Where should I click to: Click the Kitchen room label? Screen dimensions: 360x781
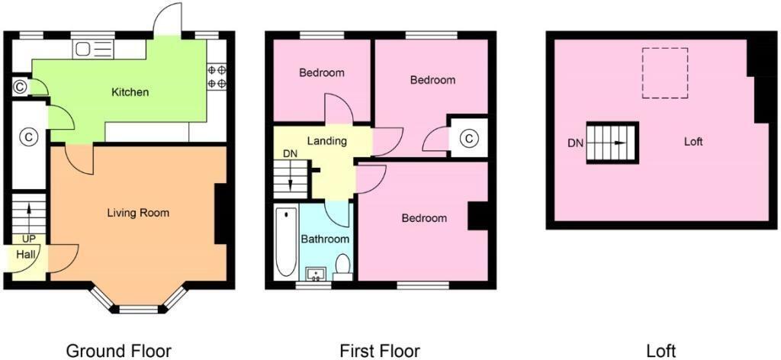point(130,92)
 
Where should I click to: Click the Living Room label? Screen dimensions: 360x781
point(138,213)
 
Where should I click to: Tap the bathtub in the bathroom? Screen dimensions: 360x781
point(285,242)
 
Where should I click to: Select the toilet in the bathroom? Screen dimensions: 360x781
point(343,266)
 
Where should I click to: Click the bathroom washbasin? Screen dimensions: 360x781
point(314,273)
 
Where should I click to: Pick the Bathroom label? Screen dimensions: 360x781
point(325,239)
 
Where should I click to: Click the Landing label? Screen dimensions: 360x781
point(326,141)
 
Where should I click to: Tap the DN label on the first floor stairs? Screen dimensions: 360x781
point(290,154)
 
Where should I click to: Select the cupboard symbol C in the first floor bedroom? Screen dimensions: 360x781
point(469,138)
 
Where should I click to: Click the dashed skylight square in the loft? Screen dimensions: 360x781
point(664,72)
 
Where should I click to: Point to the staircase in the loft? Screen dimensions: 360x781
point(612,143)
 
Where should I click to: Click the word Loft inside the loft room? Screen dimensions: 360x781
point(693,142)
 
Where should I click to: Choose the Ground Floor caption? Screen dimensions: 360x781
point(118,351)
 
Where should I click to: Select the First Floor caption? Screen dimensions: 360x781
point(380,351)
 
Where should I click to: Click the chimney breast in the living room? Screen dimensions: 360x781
point(221,214)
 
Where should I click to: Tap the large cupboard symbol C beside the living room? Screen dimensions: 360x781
point(28,138)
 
